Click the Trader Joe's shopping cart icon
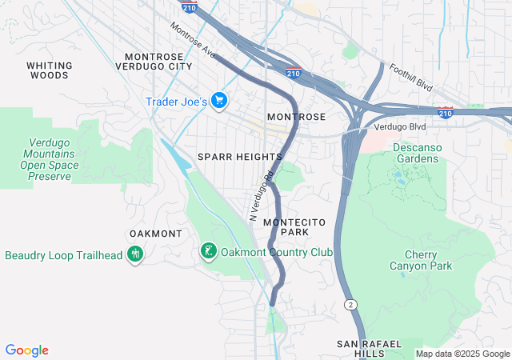220,102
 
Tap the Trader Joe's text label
177,102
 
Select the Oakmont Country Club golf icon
208,252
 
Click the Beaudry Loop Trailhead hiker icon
134,256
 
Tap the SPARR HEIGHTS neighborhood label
240,157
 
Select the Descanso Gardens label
415,153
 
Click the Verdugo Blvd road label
397,127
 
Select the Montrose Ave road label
193,40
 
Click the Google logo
26,350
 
